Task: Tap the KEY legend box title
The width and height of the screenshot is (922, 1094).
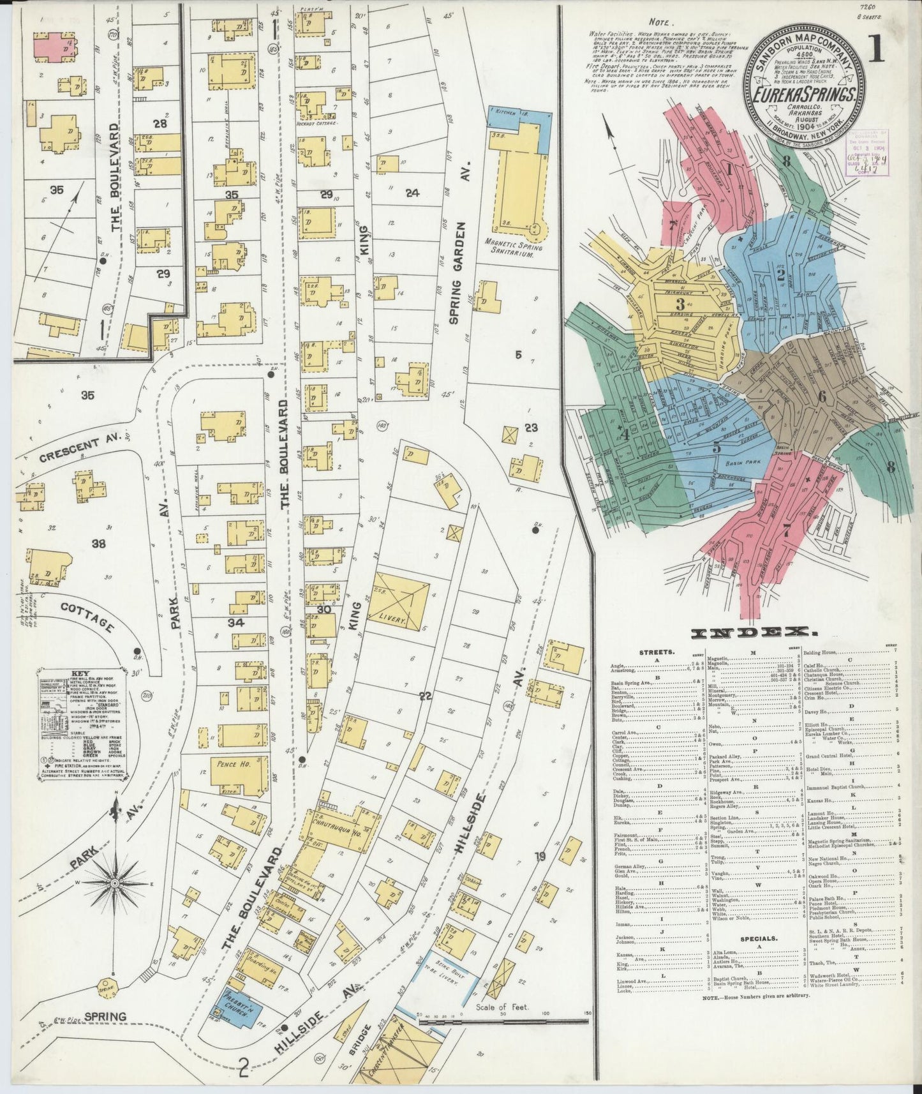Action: coord(80,673)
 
